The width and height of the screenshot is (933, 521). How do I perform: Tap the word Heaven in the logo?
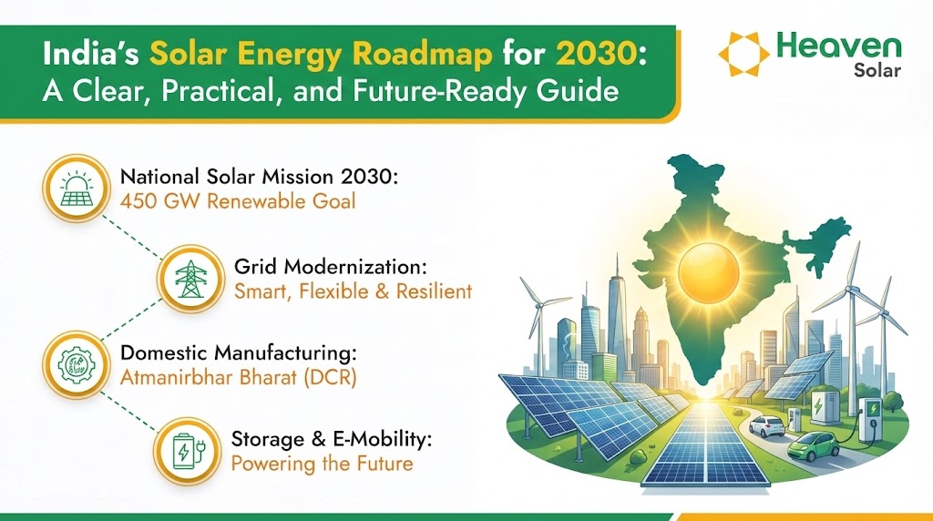coord(839,46)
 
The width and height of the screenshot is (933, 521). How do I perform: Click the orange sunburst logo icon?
coord(743,54)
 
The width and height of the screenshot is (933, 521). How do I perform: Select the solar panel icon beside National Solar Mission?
coord(77,189)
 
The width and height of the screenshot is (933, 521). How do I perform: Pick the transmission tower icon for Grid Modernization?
coord(191,279)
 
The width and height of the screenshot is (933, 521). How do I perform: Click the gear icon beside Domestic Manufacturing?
coord(77,364)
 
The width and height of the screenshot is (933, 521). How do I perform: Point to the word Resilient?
coord(434,291)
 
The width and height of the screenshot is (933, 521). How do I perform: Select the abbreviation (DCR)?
coord(330,378)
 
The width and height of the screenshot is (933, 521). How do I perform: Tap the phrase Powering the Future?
coord(322,464)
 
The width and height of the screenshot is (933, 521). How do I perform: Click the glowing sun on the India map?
coord(708,273)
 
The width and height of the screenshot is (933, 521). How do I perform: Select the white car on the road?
coord(765,426)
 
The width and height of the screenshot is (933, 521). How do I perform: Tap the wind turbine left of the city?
coord(540,322)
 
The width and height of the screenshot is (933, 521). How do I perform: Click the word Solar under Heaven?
coord(877,71)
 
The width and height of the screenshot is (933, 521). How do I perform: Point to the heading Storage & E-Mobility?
coord(332,439)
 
